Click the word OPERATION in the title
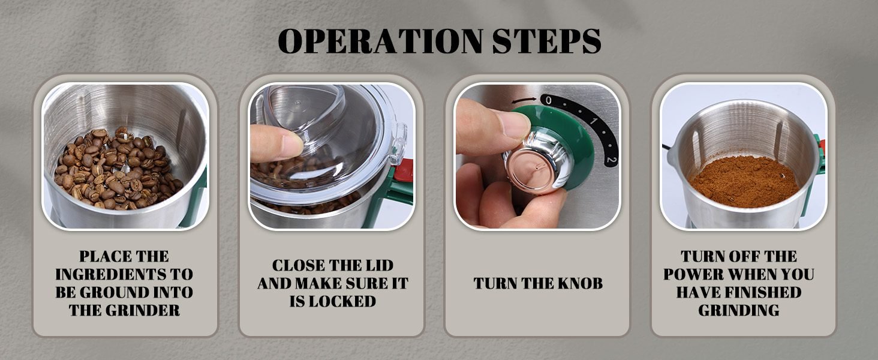pos(380,41)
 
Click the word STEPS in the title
pos(547,41)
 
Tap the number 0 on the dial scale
pos(548,100)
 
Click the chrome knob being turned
pos(537,161)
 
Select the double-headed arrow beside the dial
pos(524,100)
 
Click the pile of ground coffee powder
pos(744,181)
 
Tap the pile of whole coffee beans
pos(118,169)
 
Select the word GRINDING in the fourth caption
pos(738,310)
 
